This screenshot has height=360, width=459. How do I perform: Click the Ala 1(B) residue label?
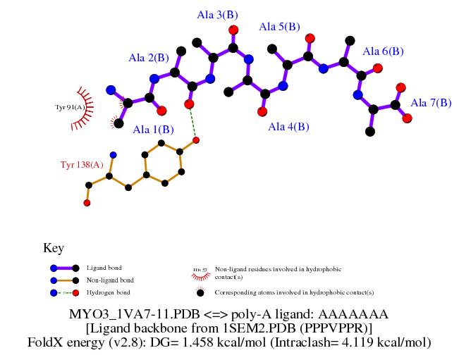153,129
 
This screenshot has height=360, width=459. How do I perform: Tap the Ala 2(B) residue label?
149,58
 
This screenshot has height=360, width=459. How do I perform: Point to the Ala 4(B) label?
288,127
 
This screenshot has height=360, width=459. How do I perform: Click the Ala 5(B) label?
280,27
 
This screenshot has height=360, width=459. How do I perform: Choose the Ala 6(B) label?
383,51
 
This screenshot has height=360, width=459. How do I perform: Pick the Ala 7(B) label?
431,103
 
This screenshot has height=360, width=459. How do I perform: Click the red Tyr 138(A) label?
82,165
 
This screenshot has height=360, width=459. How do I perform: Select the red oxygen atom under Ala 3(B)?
233,30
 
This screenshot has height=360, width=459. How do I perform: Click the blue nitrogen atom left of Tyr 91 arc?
110,90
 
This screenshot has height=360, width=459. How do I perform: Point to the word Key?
54,248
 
